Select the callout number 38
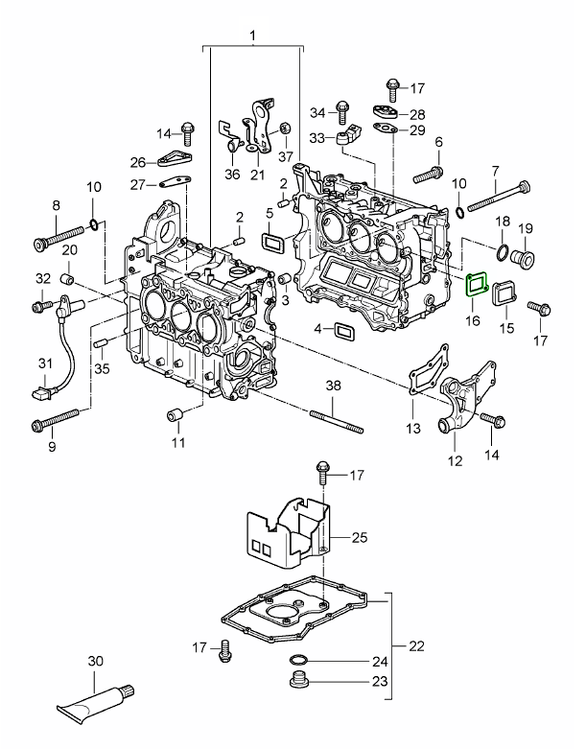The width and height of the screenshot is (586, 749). (x=333, y=386)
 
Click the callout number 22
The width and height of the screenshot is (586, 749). (x=415, y=645)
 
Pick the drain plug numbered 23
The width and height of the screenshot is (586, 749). (x=297, y=682)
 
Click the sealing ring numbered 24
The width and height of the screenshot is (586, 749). (x=299, y=661)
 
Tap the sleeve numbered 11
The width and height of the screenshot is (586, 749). (x=176, y=415)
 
